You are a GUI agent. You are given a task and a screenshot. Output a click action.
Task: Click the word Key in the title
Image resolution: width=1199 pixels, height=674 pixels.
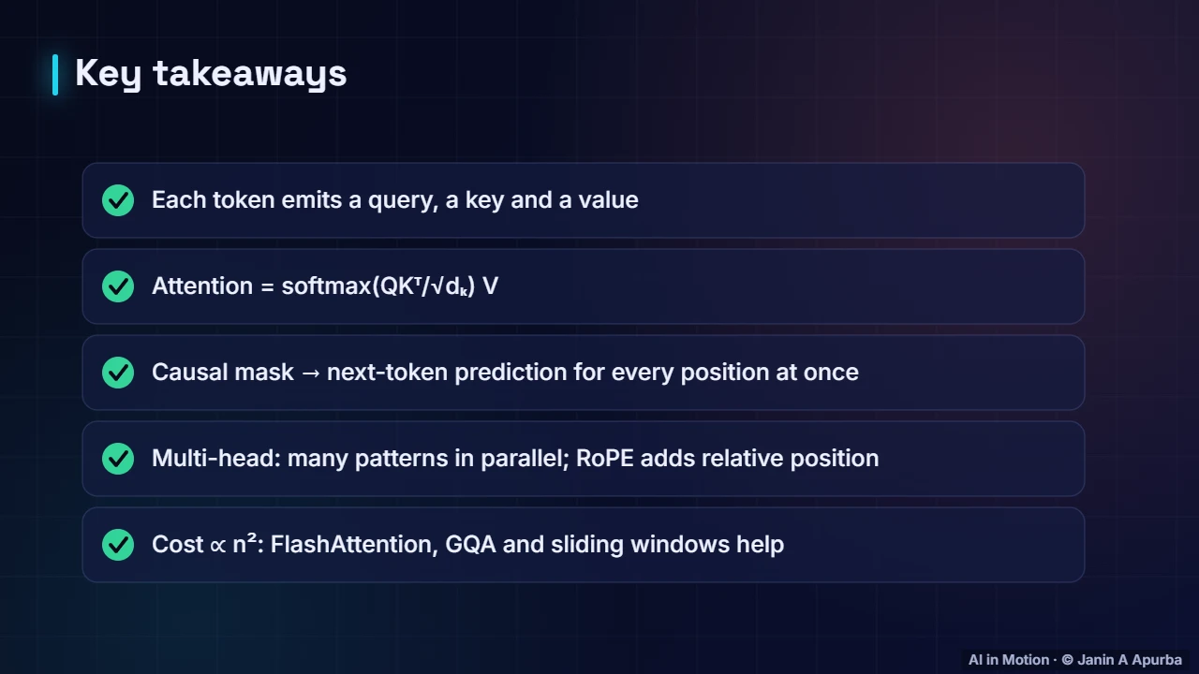[x=108, y=74]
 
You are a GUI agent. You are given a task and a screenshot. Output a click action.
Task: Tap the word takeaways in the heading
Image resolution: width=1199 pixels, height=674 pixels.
[x=250, y=73]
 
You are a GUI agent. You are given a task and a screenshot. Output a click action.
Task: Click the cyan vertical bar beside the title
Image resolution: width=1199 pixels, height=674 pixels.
[x=55, y=75]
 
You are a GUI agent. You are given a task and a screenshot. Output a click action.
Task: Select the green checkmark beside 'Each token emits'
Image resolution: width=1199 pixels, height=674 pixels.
[x=118, y=200]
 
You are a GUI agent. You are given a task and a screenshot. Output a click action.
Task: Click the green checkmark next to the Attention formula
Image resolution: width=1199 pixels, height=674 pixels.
[x=118, y=286]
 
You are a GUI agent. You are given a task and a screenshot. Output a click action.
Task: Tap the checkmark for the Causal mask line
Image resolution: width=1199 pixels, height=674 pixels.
[x=118, y=373]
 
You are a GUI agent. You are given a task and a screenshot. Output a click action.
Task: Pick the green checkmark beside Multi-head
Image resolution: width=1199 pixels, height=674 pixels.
[x=118, y=459]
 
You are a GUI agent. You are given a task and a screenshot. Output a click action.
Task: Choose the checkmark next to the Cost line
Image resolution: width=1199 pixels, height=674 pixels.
[x=118, y=545]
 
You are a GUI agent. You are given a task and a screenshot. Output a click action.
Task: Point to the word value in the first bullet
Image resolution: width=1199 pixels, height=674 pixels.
[x=609, y=200]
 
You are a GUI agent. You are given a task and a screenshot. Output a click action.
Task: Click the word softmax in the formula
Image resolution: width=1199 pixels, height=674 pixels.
[x=327, y=286]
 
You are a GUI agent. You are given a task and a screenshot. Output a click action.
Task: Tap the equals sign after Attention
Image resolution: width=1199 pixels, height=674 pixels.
[x=267, y=287]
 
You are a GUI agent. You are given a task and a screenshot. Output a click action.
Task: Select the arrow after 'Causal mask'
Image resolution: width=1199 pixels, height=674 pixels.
[x=310, y=374]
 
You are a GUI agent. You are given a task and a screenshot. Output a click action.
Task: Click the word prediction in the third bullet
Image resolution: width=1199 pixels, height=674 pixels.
[x=511, y=373]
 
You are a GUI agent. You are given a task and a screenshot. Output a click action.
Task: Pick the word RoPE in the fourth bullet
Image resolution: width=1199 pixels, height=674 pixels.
[x=605, y=459]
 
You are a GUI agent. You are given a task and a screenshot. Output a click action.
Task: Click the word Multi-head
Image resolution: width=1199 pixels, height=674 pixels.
[x=216, y=459]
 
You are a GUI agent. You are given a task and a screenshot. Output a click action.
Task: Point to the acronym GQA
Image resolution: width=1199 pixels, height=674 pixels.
[x=470, y=545]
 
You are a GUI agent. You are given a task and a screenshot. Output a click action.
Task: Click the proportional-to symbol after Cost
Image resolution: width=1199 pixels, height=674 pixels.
[x=218, y=546]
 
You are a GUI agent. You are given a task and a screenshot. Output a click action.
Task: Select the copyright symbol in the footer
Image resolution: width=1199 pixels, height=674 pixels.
[x=1067, y=660]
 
